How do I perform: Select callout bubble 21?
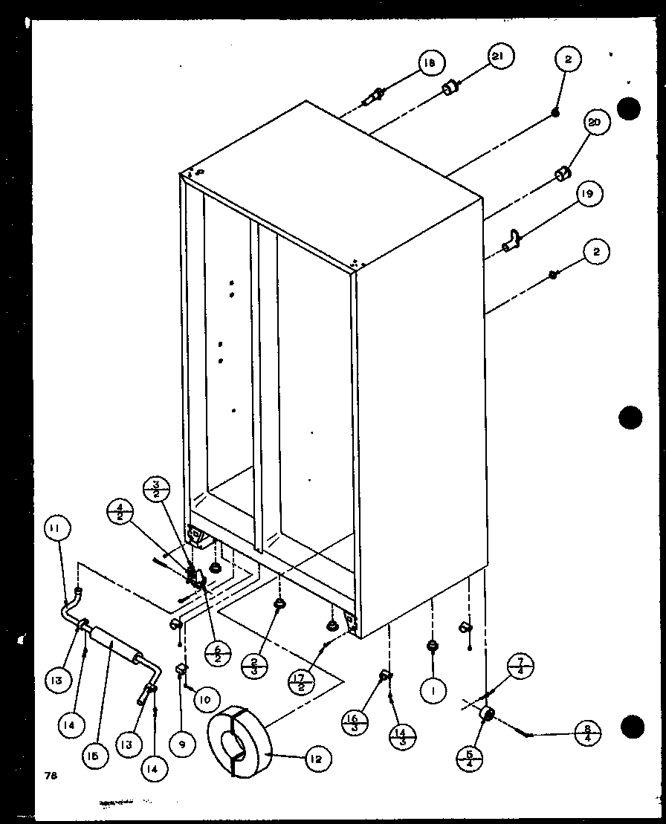coord(501,56)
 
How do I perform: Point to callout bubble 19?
coord(588,195)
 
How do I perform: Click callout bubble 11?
coord(56,528)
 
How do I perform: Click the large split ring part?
coord(237,740)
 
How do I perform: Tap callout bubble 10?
coord(206,698)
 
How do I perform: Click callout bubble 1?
coord(432,691)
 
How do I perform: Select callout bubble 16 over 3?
coord(354,723)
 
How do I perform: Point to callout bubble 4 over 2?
coord(118,513)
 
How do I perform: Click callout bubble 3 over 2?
coord(157,492)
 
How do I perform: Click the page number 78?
coord(51,776)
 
